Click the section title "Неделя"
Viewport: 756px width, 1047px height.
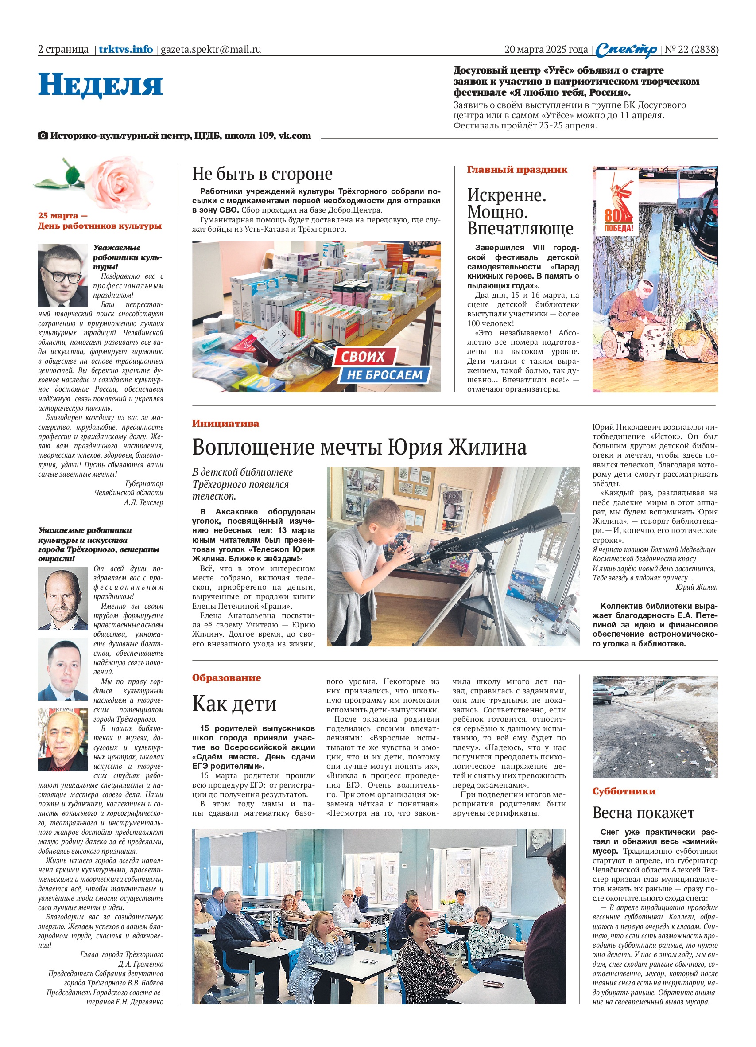tap(100, 85)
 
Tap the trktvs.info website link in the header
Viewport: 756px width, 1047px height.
tap(125, 49)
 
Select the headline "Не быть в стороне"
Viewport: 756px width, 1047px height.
tap(262, 174)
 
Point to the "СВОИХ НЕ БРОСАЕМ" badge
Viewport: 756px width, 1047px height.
tap(381, 365)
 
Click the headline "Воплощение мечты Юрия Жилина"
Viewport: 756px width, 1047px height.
tap(359, 447)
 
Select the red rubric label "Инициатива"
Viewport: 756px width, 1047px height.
tap(225, 423)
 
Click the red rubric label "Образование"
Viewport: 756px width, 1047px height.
tap(226, 677)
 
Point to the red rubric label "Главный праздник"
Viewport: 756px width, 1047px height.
tap(517, 169)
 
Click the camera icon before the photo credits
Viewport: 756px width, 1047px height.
tap(43, 136)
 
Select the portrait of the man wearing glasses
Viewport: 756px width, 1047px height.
tap(62, 276)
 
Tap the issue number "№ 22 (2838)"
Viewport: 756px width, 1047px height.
tap(691, 49)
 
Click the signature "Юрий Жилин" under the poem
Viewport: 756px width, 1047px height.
tap(697, 587)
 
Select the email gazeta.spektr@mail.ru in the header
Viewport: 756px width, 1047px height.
tap(210, 49)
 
